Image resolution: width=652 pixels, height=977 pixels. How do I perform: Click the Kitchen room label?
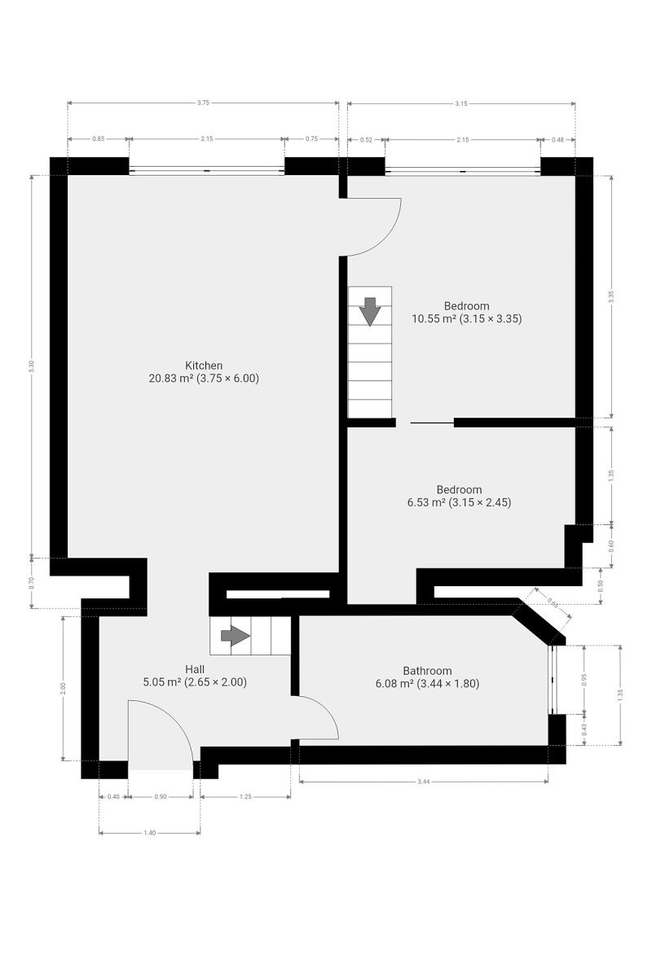coord(204,366)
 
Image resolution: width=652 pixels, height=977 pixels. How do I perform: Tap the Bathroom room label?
coord(427,671)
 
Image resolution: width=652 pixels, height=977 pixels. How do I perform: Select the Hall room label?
coord(194,669)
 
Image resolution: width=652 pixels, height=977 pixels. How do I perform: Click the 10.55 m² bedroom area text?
coord(466,319)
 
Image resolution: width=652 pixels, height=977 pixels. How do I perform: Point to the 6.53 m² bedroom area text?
coord(459,502)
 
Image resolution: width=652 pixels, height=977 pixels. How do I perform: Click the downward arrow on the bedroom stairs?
coord(370,311)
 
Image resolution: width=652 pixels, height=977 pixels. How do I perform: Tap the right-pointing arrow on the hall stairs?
coord(236,636)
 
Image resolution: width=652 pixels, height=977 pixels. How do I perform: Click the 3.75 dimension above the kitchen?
coord(203,103)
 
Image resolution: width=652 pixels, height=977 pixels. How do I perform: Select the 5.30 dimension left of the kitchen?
coord(31,366)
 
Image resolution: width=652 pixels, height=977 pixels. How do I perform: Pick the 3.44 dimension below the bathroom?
coord(423,782)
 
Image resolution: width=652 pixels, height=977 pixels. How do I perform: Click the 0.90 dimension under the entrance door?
coord(161,796)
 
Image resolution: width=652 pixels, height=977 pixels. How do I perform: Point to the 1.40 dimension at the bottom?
coord(149,833)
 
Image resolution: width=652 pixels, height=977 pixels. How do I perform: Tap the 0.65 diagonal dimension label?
coord(553,602)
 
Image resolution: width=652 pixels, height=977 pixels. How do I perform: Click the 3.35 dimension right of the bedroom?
coord(611,296)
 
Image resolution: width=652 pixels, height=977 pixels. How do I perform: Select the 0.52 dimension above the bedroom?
coord(366,139)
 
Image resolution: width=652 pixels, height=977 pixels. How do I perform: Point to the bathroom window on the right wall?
coord(553,680)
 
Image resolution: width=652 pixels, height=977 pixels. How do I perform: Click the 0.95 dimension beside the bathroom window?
coord(584,680)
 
